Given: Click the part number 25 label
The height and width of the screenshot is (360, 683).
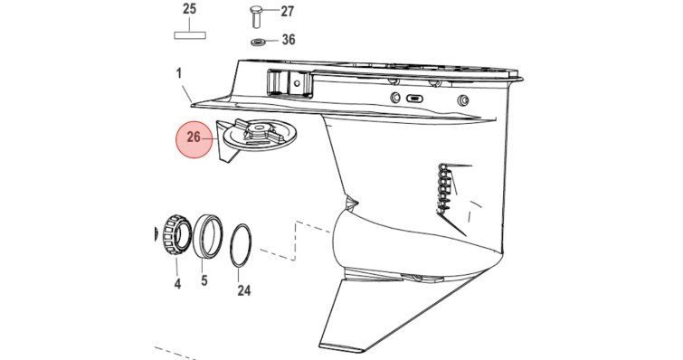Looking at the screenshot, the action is [x=189, y=9].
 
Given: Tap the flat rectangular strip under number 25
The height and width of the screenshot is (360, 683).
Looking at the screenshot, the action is [x=190, y=35].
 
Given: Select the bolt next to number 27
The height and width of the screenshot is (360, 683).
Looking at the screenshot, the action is [x=256, y=15].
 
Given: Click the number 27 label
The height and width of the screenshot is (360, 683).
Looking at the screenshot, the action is [x=288, y=12].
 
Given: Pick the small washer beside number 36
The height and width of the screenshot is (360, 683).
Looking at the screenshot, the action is [x=259, y=43].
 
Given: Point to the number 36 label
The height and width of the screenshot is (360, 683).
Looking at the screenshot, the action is [x=289, y=40].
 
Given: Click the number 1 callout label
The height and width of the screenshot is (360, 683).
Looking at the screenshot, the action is [x=178, y=73].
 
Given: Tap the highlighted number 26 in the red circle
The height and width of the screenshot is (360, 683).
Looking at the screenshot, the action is [x=194, y=137].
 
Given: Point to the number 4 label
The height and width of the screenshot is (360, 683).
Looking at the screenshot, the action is [x=177, y=284].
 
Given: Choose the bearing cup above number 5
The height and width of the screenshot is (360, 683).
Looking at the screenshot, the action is [x=207, y=237].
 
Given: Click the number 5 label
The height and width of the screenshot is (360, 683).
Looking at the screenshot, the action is [x=204, y=280].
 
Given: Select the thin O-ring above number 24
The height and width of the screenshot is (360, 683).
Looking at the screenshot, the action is [x=241, y=245].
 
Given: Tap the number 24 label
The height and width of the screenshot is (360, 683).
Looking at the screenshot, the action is [x=244, y=290].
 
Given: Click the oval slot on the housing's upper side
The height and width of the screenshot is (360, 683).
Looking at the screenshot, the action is [x=414, y=99].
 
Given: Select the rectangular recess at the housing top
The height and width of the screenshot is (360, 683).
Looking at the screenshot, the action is [x=289, y=82].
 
